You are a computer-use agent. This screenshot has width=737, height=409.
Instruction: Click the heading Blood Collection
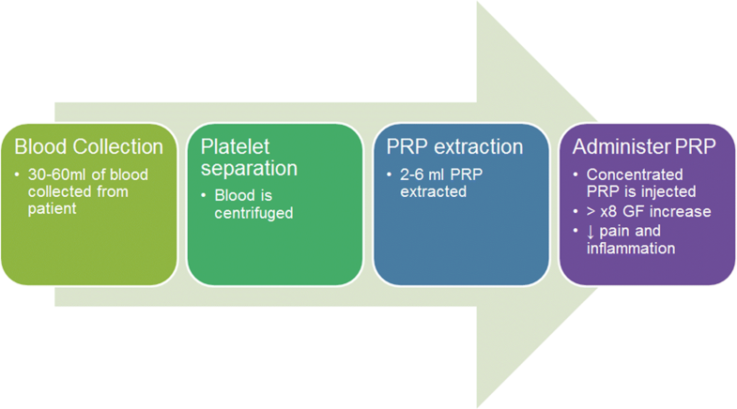tap(88, 147)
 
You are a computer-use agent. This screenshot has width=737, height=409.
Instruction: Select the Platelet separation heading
tap(247, 157)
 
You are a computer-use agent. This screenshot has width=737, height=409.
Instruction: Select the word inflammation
tap(633, 248)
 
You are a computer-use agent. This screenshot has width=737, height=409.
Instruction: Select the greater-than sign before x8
tap(592, 212)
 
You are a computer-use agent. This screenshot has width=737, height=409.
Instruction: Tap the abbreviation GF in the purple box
tap(642, 211)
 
